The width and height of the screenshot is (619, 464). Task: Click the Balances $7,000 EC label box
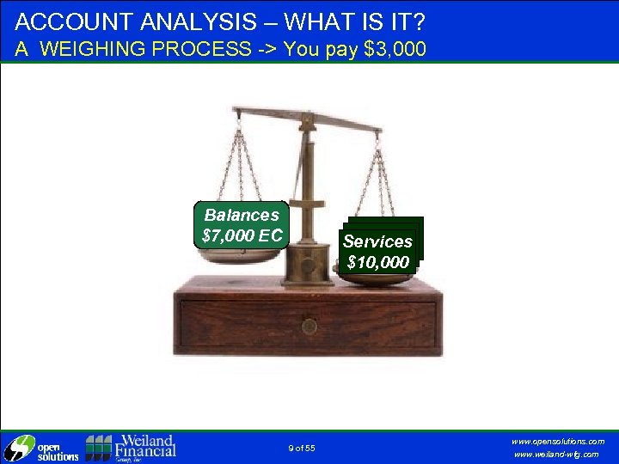(x=241, y=225)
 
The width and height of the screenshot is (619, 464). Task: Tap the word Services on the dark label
(x=378, y=241)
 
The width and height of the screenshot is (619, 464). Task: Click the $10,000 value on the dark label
(x=378, y=262)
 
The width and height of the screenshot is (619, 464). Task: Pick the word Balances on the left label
(x=242, y=215)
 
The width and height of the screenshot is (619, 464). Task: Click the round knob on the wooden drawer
(x=309, y=327)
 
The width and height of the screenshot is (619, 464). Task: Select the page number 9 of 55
(x=302, y=448)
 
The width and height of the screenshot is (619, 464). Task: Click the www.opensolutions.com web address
(x=558, y=441)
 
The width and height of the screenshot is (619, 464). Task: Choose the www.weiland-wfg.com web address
(x=556, y=455)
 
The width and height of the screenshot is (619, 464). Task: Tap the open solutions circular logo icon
(x=17, y=449)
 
